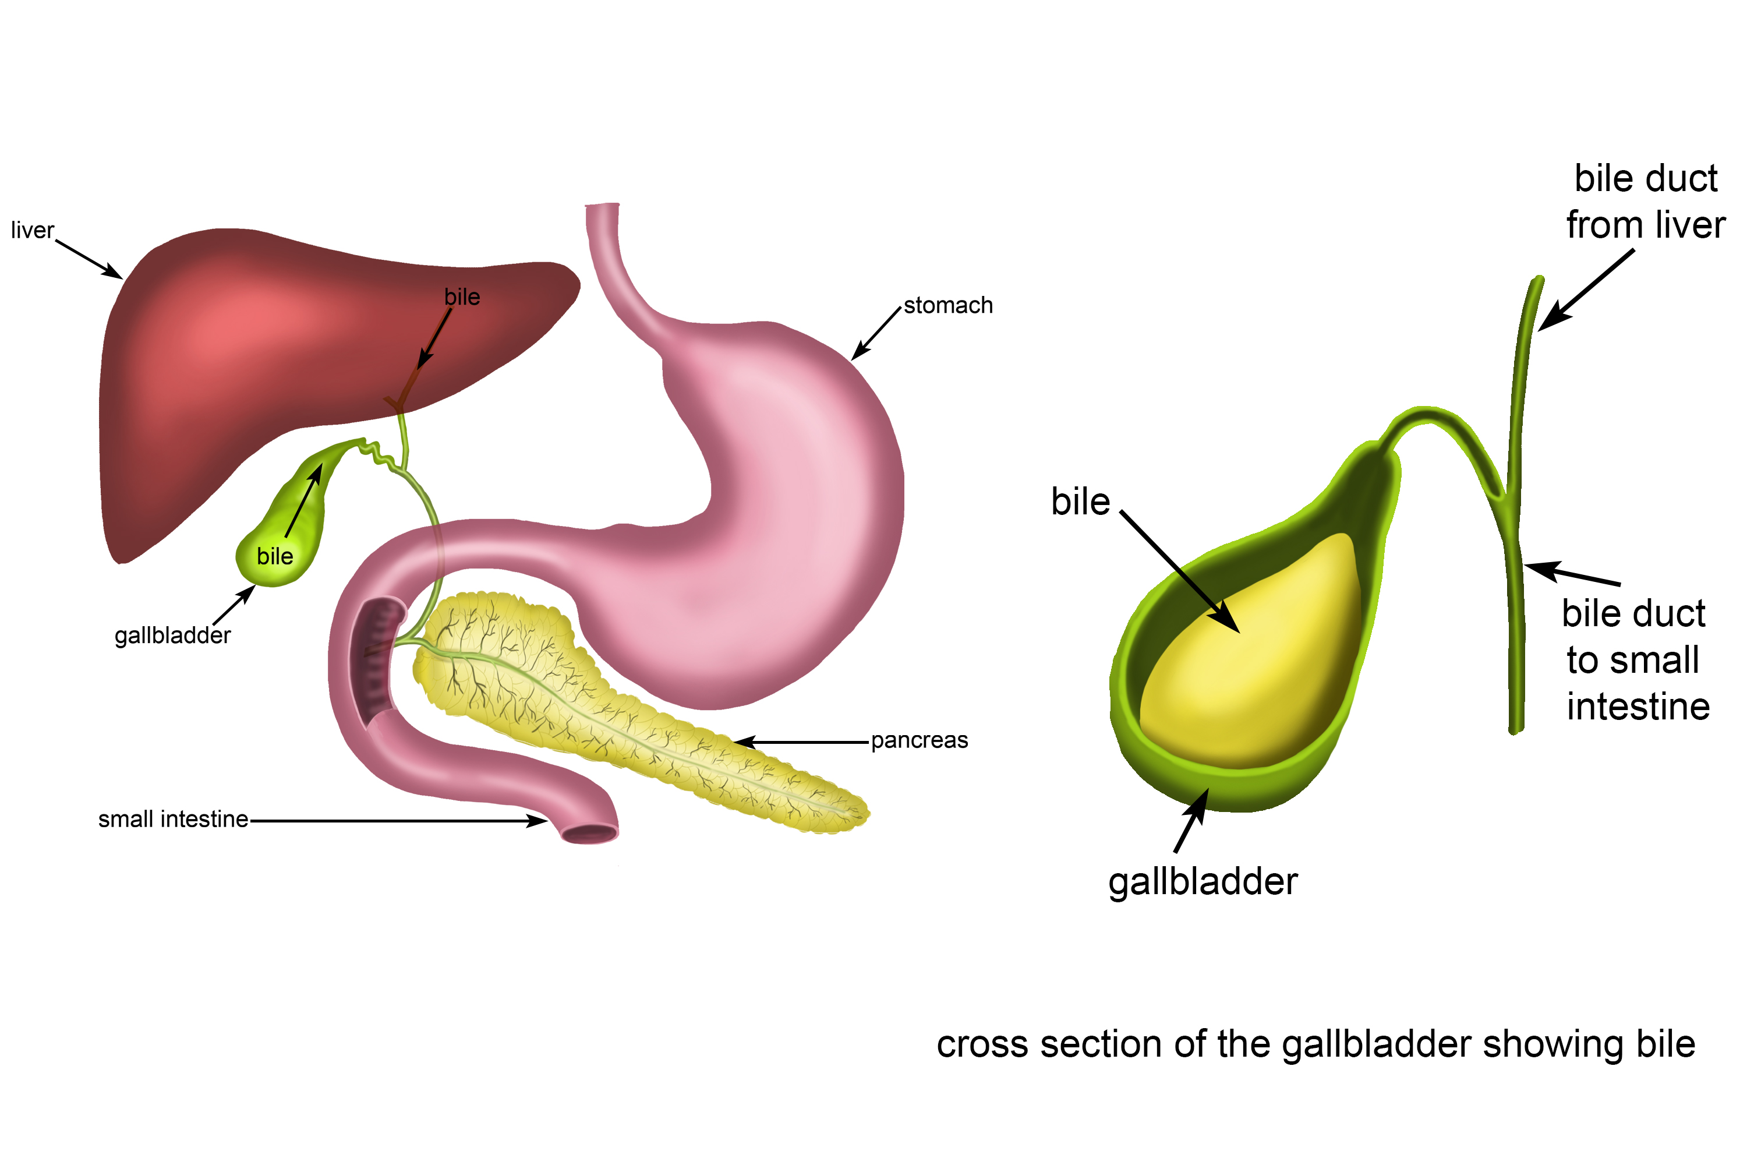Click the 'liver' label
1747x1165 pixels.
pyautogui.click(x=32, y=230)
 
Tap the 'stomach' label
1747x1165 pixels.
pyautogui.click(x=948, y=305)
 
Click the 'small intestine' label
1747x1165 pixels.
pyautogui.click(x=173, y=819)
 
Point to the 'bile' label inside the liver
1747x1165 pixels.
pyautogui.click(x=462, y=297)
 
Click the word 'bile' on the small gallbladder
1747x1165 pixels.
pyautogui.click(x=275, y=556)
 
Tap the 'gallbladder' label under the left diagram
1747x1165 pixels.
pyautogui.click(x=172, y=636)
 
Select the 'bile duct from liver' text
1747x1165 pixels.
pyautogui.click(x=1645, y=202)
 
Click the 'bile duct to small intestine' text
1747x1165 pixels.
pyautogui.click(x=1634, y=660)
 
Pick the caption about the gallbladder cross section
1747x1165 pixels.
pyautogui.click(x=1315, y=1044)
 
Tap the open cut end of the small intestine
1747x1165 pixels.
pyautogui.click(x=589, y=834)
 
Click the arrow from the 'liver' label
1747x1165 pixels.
pyautogui.click(x=89, y=259)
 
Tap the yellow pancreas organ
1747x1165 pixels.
pyautogui.click(x=631, y=713)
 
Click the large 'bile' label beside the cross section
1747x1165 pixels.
pyautogui.click(x=1080, y=502)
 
